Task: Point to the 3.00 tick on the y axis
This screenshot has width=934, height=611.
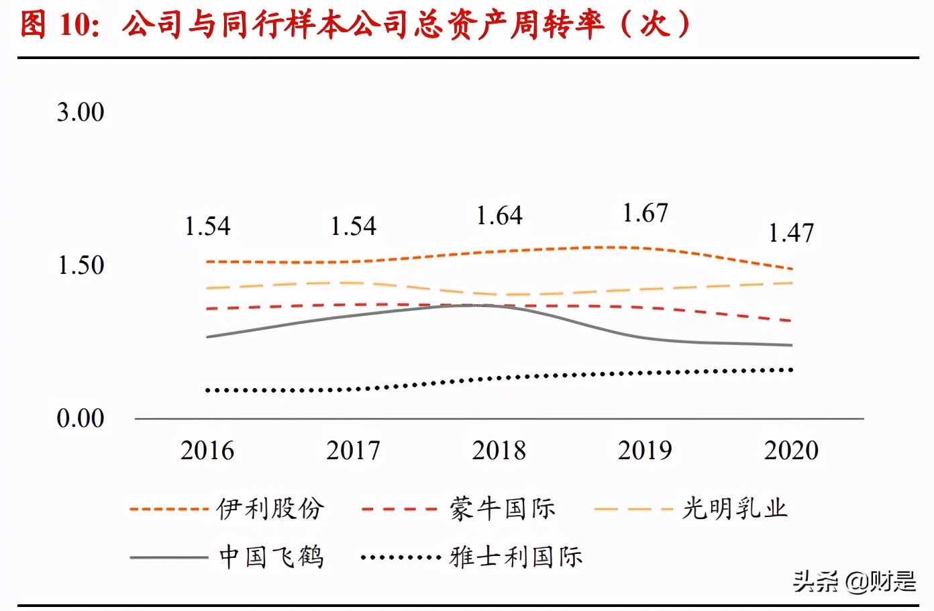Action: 81,112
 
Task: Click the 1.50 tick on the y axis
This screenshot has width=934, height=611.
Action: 81,265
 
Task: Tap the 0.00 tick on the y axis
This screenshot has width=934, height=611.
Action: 81,418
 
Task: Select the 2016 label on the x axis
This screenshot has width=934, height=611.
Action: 207,451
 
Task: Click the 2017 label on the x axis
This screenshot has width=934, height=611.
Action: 353,451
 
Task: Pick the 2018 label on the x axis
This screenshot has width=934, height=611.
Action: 499,451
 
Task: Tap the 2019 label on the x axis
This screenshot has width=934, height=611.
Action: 645,451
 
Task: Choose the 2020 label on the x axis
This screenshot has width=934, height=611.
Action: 791,451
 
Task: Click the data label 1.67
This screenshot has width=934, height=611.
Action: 645,214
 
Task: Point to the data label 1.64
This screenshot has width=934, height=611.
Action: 499,216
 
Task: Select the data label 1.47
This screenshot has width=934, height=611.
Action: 791,233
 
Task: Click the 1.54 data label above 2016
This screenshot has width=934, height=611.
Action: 207,226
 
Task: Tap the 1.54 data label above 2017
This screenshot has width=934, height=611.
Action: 353,226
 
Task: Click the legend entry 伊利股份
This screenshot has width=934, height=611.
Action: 270,509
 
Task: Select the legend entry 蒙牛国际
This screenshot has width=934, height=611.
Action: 503,509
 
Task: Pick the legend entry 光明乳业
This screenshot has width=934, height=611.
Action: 735,509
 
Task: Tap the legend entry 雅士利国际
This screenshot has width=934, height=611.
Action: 516,557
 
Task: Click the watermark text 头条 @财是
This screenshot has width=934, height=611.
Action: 854,581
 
